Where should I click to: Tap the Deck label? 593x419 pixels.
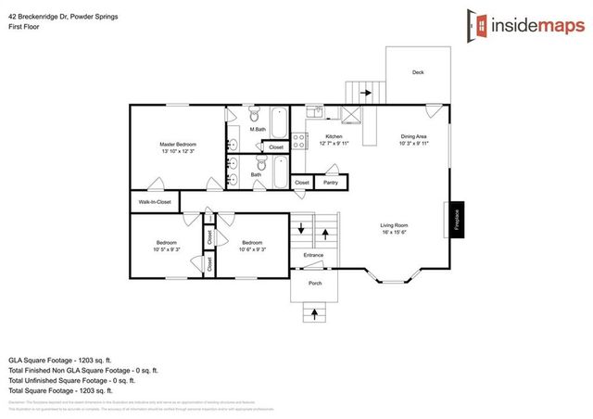(x=418, y=71)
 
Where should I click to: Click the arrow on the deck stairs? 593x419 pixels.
(x=364, y=93)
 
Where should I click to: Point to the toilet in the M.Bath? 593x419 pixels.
(x=252, y=116)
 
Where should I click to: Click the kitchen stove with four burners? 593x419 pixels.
(x=299, y=143)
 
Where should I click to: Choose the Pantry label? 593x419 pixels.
(x=330, y=183)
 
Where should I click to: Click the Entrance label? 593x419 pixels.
(x=313, y=255)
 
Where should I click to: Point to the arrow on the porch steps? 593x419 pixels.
(x=315, y=314)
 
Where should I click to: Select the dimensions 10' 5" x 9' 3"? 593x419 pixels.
(x=167, y=248)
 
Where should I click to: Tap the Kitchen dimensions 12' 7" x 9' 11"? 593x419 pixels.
(x=334, y=144)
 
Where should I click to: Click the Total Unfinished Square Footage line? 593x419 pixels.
(x=72, y=379)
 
